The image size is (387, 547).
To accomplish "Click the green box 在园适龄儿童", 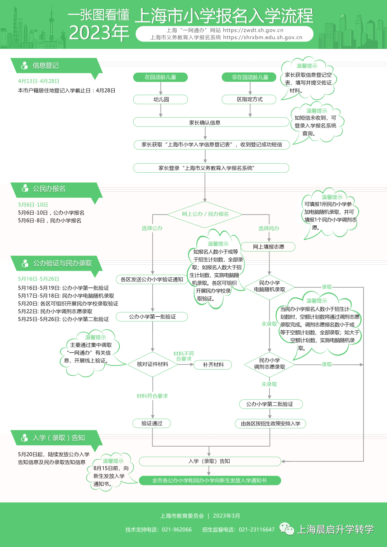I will point(160,77).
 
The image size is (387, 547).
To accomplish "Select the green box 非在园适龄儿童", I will point(249,77).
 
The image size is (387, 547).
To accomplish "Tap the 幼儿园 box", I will point(161,99).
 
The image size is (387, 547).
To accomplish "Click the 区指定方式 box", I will point(249,99).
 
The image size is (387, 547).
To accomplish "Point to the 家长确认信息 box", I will point(211,123).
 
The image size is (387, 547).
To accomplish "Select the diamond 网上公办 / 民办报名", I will point(205,214).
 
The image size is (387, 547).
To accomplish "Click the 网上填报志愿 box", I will point(268,247).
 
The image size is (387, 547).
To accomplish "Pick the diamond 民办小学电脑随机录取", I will point(269,286).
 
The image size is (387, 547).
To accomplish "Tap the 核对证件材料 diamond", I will point(152,364).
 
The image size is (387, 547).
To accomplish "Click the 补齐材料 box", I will point(213,365).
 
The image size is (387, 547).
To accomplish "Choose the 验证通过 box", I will point(152,423).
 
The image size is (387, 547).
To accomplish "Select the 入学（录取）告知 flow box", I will point(210,461).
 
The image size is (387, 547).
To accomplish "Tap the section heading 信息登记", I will point(46,66).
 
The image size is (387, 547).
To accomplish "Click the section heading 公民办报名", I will point(49,189).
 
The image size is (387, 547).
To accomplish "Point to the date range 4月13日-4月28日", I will point(39,81).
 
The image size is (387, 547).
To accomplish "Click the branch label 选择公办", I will point(152,228).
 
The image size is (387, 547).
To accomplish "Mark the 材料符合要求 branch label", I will point(152,396).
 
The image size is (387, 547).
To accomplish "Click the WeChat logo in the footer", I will point(287,529).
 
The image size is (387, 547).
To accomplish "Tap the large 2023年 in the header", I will point(99,33).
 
